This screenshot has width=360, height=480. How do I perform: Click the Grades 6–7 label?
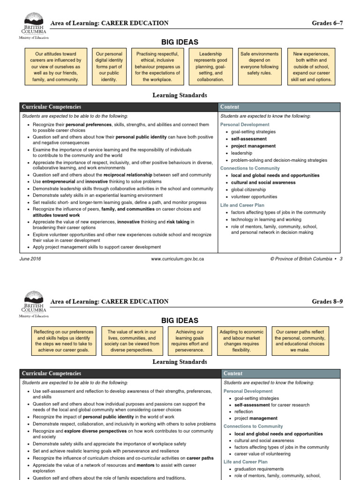point(327,23)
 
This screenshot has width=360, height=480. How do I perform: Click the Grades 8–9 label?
point(327,301)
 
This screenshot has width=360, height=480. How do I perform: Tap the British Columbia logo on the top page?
point(33,26)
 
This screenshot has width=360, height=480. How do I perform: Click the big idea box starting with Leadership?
point(210,67)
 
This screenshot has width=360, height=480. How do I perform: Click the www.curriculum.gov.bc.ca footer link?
point(177,259)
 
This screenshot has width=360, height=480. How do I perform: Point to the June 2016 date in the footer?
point(30,259)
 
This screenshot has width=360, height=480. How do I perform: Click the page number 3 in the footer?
point(341,259)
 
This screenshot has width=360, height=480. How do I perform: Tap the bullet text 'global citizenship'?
point(248,190)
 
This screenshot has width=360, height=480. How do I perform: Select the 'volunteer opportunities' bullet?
point(254,197)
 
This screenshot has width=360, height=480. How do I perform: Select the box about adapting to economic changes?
point(241,341)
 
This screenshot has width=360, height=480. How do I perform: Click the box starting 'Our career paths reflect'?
point(300,341)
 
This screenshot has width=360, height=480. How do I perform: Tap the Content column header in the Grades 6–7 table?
point(230,107)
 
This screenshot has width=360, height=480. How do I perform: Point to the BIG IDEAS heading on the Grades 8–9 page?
point(180,321)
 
